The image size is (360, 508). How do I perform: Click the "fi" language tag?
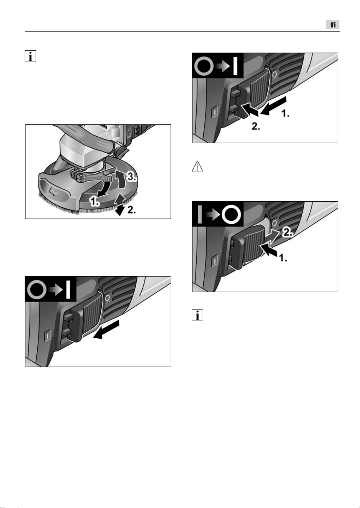click(333, 25)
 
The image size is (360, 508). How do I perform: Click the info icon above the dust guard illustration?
click(30, 56)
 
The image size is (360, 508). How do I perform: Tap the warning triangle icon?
click(197, 167)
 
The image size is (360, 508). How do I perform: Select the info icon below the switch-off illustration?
click(197, 315)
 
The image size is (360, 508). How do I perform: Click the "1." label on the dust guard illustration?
click(94, 201)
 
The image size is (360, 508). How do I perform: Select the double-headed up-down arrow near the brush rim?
click(119, 204)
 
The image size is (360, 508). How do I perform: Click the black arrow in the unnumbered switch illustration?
click(106, 330)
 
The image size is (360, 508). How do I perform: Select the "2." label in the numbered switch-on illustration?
click(256, 127)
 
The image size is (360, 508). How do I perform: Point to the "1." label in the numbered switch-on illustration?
click(285, 114)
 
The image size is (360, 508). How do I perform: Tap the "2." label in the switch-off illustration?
click(287, 232)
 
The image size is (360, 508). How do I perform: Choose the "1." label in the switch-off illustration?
click(283, 258)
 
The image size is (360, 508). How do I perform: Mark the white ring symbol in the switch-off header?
click(231, 214)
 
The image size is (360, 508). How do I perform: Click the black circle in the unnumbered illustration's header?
click(36, 290)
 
